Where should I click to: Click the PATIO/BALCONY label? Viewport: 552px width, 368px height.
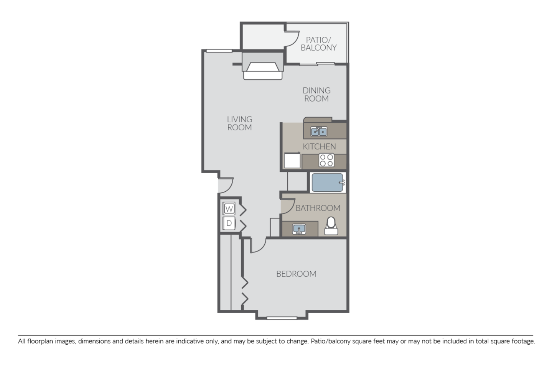[x=318, y=44]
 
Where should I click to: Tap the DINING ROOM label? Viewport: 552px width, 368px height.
[x=316, y=94]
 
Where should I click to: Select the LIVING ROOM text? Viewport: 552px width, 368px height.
[x=239, y=123]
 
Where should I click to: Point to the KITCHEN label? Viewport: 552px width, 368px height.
[x=319, y=146]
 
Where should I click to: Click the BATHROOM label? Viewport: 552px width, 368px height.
[x=318, y=208]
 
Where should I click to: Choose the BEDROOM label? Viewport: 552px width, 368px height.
[x=296, y=274]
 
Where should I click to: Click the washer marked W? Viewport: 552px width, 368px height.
[x=229, y=209]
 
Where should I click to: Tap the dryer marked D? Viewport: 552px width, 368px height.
[x=229, y=223]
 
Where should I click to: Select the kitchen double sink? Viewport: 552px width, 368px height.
[x=318, y=132]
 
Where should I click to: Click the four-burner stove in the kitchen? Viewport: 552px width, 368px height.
[x=326, y=160]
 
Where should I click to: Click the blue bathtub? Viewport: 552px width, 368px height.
[x=327, y=183]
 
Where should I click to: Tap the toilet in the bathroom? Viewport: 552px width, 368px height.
[x=331, y=226]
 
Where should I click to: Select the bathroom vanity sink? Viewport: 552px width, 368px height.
[x=299, y=229]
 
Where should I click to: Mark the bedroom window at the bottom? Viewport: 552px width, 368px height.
[x=282, y=318]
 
